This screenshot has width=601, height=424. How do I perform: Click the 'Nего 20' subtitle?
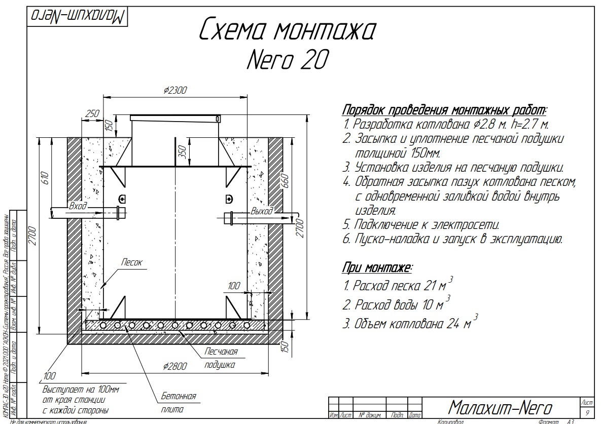point(287,60)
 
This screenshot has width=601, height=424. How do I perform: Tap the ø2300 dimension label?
point(175,91)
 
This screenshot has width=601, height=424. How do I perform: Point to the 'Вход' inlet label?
point(78,206)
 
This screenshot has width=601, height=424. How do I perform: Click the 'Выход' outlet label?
point(262,211)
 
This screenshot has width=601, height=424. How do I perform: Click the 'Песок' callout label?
point(132,262)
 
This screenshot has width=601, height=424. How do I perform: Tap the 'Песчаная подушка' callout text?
point(221,358)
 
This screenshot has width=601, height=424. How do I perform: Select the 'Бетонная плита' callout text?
point(178,402)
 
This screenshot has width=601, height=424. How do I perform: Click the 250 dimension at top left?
point(92,114)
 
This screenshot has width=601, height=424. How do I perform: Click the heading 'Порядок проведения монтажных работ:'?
point(445,110)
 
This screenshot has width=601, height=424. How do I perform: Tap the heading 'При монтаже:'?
point(377,267)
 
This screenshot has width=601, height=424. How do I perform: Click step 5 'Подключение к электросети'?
point(421,224)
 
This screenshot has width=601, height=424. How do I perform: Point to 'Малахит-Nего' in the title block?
point(500,406)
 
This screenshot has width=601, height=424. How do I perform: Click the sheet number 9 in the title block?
point(587,413)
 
